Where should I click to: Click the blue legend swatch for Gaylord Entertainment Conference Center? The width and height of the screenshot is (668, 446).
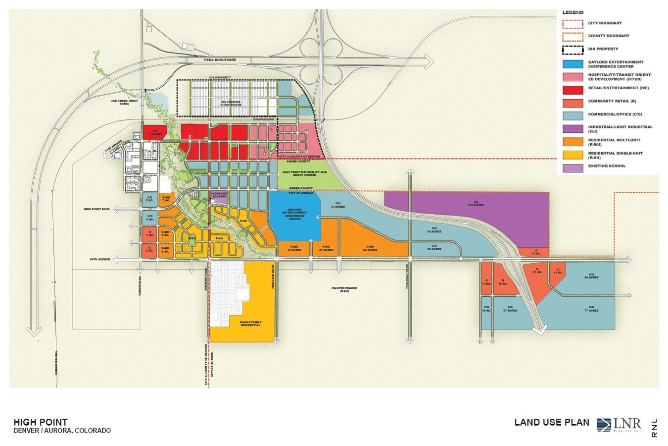[x=573, y=64]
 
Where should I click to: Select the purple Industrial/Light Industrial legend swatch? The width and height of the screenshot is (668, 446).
[x=573, y=129]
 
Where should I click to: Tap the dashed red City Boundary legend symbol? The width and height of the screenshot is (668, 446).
[x=573, y=23]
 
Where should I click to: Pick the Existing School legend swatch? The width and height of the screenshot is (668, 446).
[x=573, y=167]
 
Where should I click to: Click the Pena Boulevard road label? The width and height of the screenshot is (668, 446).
[x=220, y=60]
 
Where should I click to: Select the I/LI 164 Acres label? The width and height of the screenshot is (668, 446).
[x=466, y=203]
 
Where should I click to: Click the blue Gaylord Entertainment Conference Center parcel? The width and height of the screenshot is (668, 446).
[x=294, y=216]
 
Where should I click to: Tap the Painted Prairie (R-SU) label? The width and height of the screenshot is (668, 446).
[x=344, y=289]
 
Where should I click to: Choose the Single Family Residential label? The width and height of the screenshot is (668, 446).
[x=250, y=324]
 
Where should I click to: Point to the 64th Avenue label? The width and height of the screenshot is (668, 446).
[x=99, y=259]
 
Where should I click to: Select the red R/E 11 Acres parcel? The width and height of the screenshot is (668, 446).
[x=154, y=132]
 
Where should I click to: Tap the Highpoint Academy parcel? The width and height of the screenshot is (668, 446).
[x=219, y=196]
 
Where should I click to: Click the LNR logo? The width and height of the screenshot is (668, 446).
[x=619, y=425]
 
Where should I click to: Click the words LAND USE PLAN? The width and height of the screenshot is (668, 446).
[x=552, y=422]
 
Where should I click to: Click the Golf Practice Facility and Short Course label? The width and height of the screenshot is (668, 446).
[x=304, y=173]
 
